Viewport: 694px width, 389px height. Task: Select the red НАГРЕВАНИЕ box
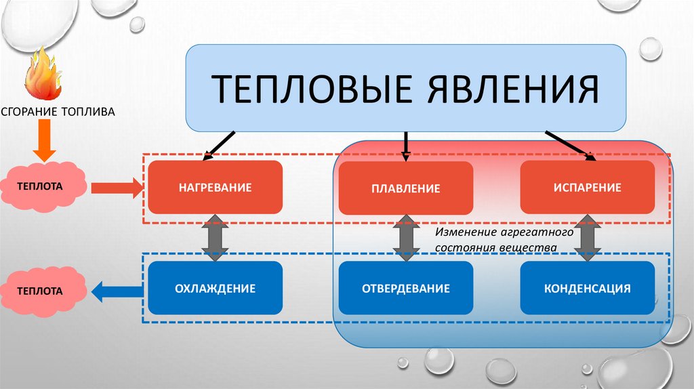(x=215, y=187)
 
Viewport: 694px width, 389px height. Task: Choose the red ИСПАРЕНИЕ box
(x=587, y=188)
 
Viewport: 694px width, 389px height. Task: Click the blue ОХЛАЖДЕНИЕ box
(x=215, y=288)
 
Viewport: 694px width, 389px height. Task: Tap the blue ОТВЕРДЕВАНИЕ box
(x=405, y=288)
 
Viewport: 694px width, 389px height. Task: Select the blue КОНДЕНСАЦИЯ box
(x=587, y=288)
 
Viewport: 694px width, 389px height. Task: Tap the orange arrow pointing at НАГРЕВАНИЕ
(x=115, y=187)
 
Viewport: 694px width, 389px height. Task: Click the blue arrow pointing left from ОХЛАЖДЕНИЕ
(x=116, y=292)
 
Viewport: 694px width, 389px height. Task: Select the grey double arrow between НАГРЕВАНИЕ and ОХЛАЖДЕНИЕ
(x=215, y=238)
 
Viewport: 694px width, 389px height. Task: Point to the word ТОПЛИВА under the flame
(x=91, y=110)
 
